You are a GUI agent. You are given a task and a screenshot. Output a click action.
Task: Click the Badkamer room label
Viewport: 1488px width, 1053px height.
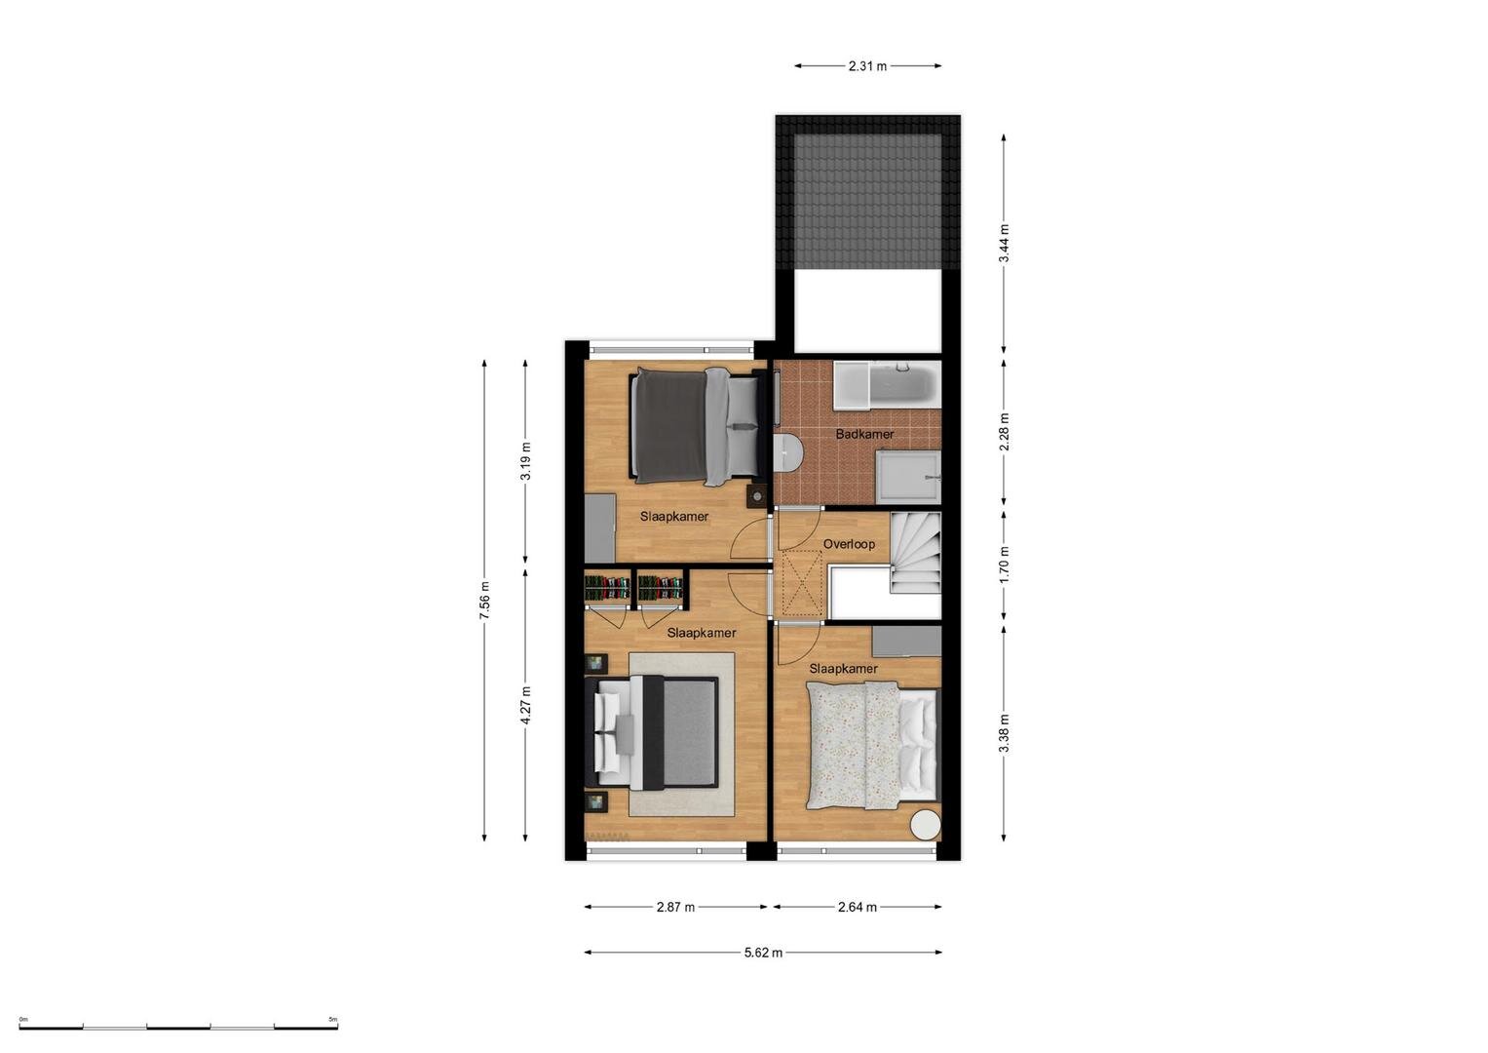pyautogui.click(x=864, y=434)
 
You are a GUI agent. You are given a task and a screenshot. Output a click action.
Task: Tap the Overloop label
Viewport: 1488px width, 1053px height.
pyautogui.click(x=849, y=544)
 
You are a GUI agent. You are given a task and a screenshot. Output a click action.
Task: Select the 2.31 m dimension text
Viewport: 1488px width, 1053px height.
pyautogui.click(x=867, y=66)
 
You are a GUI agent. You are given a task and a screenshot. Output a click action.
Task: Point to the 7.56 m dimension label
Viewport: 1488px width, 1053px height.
pyautogui.click(x=485, y=601)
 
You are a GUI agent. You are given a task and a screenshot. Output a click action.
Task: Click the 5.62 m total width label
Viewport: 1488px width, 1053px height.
pyautogui.click(x=763, y=953)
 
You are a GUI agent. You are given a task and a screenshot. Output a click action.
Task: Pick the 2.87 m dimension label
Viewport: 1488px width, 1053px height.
pyautogui.click(x=675, y=907)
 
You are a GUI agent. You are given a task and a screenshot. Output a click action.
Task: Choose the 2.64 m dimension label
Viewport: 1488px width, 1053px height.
pyautogui.click(x=857, y=907)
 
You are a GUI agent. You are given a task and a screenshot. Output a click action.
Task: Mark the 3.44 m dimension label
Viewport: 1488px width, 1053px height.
pyautogui.click(x=1005, y=244)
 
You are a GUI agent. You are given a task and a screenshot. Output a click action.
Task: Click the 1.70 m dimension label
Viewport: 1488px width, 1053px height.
pyautogui.click(x=1005, y=565)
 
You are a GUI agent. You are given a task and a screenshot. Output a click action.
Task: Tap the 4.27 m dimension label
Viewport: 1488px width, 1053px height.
pyautogui.click(x=525, y=705)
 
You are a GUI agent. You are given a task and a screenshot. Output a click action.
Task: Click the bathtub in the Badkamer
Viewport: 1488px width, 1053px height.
pyautogui.click(x=888, y=383)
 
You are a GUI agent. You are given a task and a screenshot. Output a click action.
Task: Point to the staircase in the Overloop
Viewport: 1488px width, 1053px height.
pyautogui.click(x=915, y=553)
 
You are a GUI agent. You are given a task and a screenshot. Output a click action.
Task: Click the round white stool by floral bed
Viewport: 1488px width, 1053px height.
pyautogui.click(x=926, y=826)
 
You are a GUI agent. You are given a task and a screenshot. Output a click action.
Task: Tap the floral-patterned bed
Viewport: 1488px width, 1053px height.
pyautogui.click(x=873, y=745)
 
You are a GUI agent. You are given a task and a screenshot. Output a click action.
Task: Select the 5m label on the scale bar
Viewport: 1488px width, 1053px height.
pyautogui.click(x=333, y=1019)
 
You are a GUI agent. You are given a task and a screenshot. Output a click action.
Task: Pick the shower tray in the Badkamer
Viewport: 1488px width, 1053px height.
pyautogui.click(x=908, y=477)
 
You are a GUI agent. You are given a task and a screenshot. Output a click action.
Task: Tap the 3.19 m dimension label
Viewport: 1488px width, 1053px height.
pyautogui.click(x=525, y=461)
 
